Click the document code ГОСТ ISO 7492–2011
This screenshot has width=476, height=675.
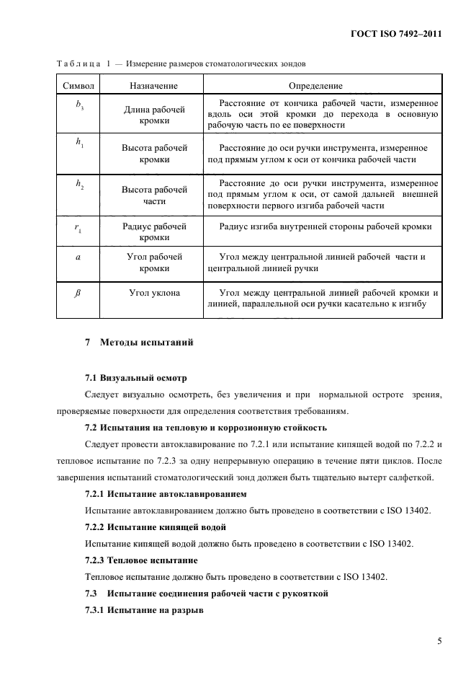pyautogui.click(x=397, y=34)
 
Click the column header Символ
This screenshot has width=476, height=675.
pyautogui.click(x=79, y=85)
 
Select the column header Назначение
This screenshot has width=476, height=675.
pyautogui.click(x=153, y=85)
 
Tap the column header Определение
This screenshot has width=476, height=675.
pyautogui.click(x=320, y=85)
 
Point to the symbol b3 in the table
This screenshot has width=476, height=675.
pyautogui.click(x=79, y=105)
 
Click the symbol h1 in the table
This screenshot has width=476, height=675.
pyautogui.click(x=79, y=143)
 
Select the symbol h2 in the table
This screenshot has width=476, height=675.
pyautogui.click(x=79, y=185)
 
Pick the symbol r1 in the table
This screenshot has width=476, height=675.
pyautogui.click(x=79, y=228)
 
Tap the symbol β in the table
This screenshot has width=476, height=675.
pyautogui.click(x=79, y=294)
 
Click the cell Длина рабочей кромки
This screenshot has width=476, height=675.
pyautogui.click(x=153, y=115)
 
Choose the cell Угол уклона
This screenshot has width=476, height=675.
pyautogui.click(x=153, y=294)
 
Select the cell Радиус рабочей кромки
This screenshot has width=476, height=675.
pyautogui.click(x=153, y=231)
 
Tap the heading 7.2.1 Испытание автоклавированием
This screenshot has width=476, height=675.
pyautogui.click(x=166, y=494)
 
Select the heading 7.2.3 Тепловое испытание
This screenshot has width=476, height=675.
pyautogui.click(x=141, y=560)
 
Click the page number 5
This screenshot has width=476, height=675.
pyautogui.click(x=439, y=640)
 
